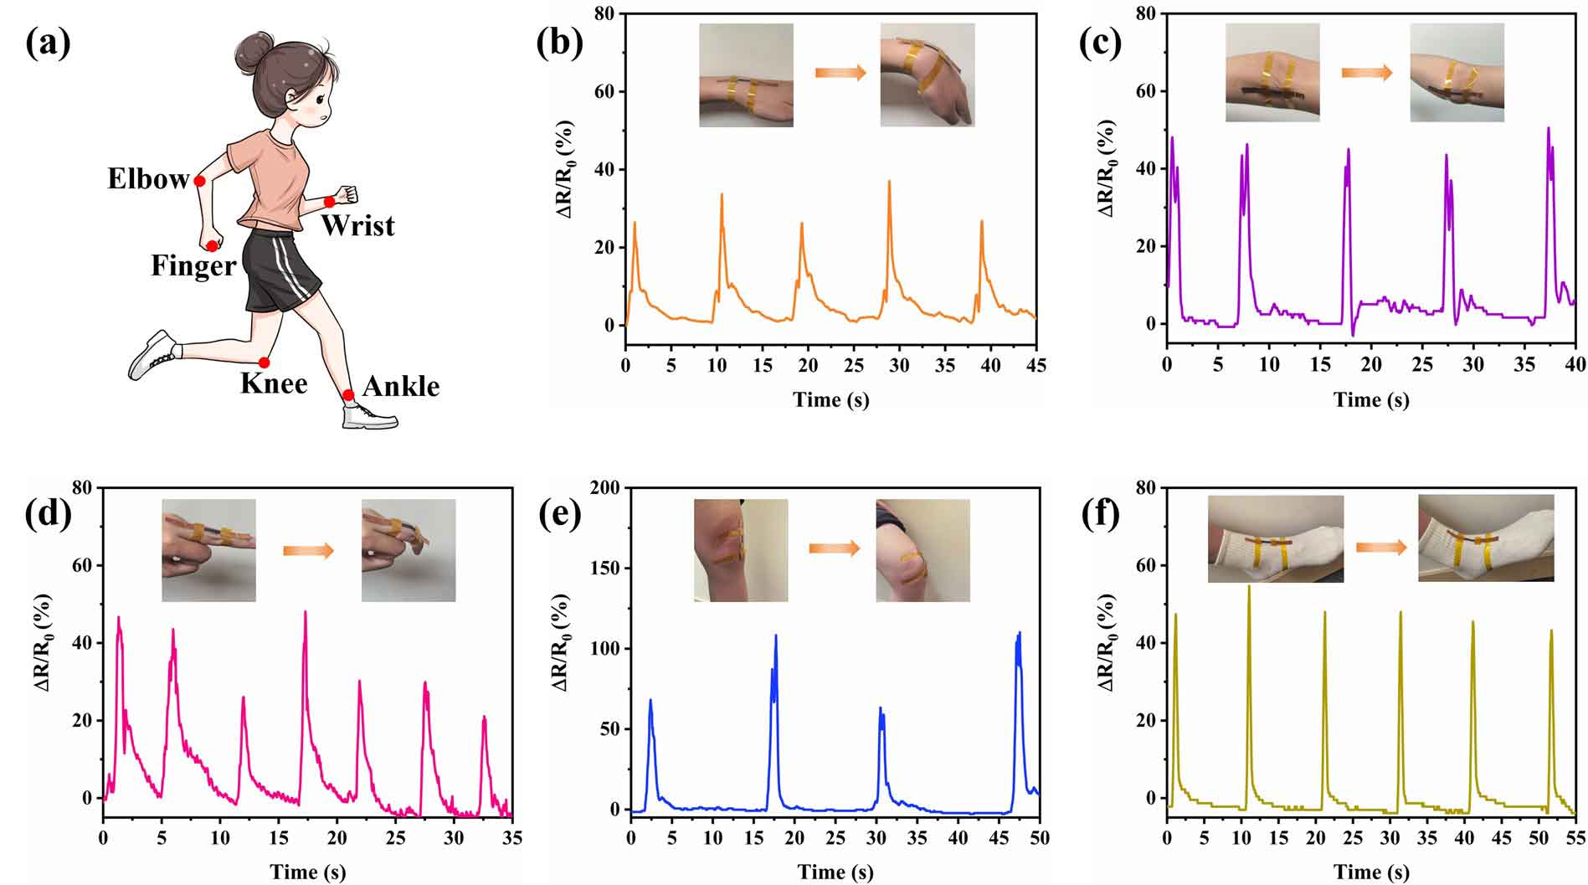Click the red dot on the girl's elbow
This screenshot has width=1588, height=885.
[199, 181]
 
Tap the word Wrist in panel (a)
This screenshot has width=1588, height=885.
[357, 226]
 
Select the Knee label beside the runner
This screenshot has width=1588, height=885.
[274, 383]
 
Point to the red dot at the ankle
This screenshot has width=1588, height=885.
[348, 394]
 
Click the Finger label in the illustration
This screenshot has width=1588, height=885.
[193, 266]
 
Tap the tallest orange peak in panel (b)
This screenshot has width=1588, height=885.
[889, 182]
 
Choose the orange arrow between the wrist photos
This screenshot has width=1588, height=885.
[840, 74]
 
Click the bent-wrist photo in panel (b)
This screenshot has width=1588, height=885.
[927, 75]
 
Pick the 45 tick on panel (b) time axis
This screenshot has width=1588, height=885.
[1036, 366]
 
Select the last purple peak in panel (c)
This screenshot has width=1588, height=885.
[1549, 129]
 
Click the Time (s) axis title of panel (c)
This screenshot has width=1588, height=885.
[1371, 400]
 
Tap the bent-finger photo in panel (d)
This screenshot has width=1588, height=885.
[409, 550]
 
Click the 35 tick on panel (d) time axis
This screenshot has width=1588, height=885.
[511, 838]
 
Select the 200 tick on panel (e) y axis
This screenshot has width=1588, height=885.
[609, 488]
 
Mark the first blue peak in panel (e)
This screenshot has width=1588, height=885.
[650, 701]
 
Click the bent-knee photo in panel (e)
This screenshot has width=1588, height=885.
[922, 550]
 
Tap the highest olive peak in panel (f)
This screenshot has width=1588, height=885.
[1249, 587]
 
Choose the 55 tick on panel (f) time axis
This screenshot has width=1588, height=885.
[1575, 838]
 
